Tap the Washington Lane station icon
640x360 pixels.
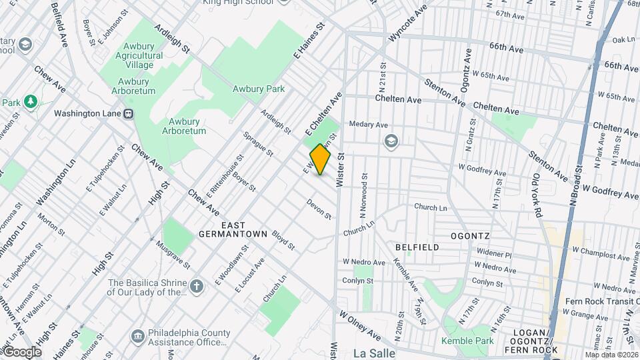coord(127,113)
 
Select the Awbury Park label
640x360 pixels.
coord(258,89)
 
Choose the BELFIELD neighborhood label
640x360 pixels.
coord(417,247)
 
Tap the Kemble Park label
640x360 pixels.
coord(467,341)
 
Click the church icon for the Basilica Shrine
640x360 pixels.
coord(196,287)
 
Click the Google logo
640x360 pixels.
coord(21,351)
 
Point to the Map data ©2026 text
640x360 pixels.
coord(611,355)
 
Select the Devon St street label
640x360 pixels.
coord(319,208)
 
